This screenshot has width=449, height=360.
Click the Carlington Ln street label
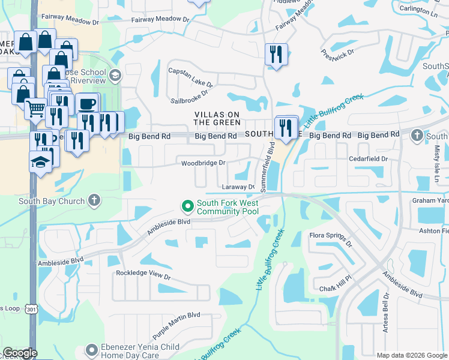click(418, 11)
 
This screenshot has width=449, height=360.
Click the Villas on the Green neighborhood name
click(217, 118)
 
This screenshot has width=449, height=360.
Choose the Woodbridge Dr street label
click(203, 163)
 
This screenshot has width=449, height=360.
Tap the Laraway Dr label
click(239, 187)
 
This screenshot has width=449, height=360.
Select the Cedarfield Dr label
click(369, 158)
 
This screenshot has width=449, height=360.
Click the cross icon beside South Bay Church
click(93, 201)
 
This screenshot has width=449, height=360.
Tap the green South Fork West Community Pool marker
click(188, 206)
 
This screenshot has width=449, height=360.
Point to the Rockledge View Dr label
click(143, 277)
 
